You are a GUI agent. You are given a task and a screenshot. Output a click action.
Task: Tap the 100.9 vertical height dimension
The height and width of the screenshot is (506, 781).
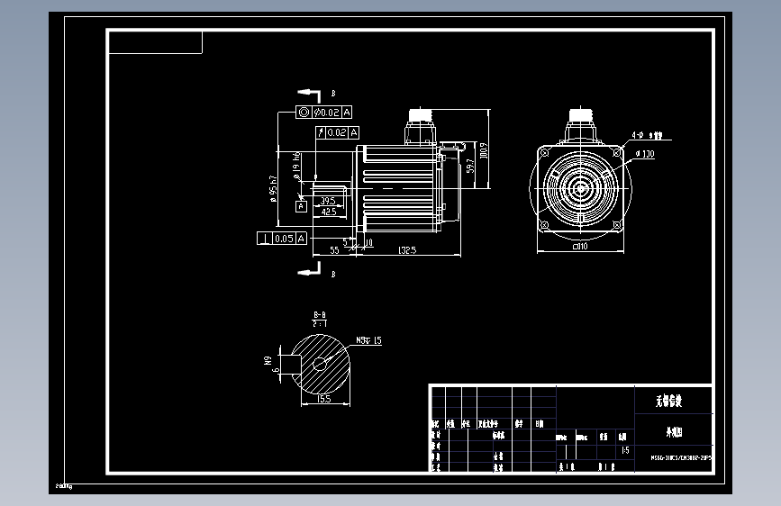484,150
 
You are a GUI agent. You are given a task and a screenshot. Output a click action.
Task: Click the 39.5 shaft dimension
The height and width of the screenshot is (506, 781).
326,200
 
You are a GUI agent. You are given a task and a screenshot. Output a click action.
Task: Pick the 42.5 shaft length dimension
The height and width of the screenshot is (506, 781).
328,212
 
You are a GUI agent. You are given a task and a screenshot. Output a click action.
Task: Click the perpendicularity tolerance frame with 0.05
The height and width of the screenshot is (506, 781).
282,238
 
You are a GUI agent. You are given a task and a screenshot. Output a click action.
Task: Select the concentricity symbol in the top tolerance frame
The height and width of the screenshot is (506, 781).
304,113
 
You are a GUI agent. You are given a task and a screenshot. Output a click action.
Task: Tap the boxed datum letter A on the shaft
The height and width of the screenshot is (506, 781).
302,206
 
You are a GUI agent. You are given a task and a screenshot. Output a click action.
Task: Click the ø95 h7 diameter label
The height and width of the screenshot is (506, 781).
272,190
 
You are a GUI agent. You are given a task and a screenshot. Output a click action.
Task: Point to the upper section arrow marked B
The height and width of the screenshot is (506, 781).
309,93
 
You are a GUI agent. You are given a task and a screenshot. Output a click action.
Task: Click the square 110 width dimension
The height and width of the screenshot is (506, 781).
580,245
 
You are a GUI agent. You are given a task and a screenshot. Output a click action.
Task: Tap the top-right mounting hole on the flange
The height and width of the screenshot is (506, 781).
616,153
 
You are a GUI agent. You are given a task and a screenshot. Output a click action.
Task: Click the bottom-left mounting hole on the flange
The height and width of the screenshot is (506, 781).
544,224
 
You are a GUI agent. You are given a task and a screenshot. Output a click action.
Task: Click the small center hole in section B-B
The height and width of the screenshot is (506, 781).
319,364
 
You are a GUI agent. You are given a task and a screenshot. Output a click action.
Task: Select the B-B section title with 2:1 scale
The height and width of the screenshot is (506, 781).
319,318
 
